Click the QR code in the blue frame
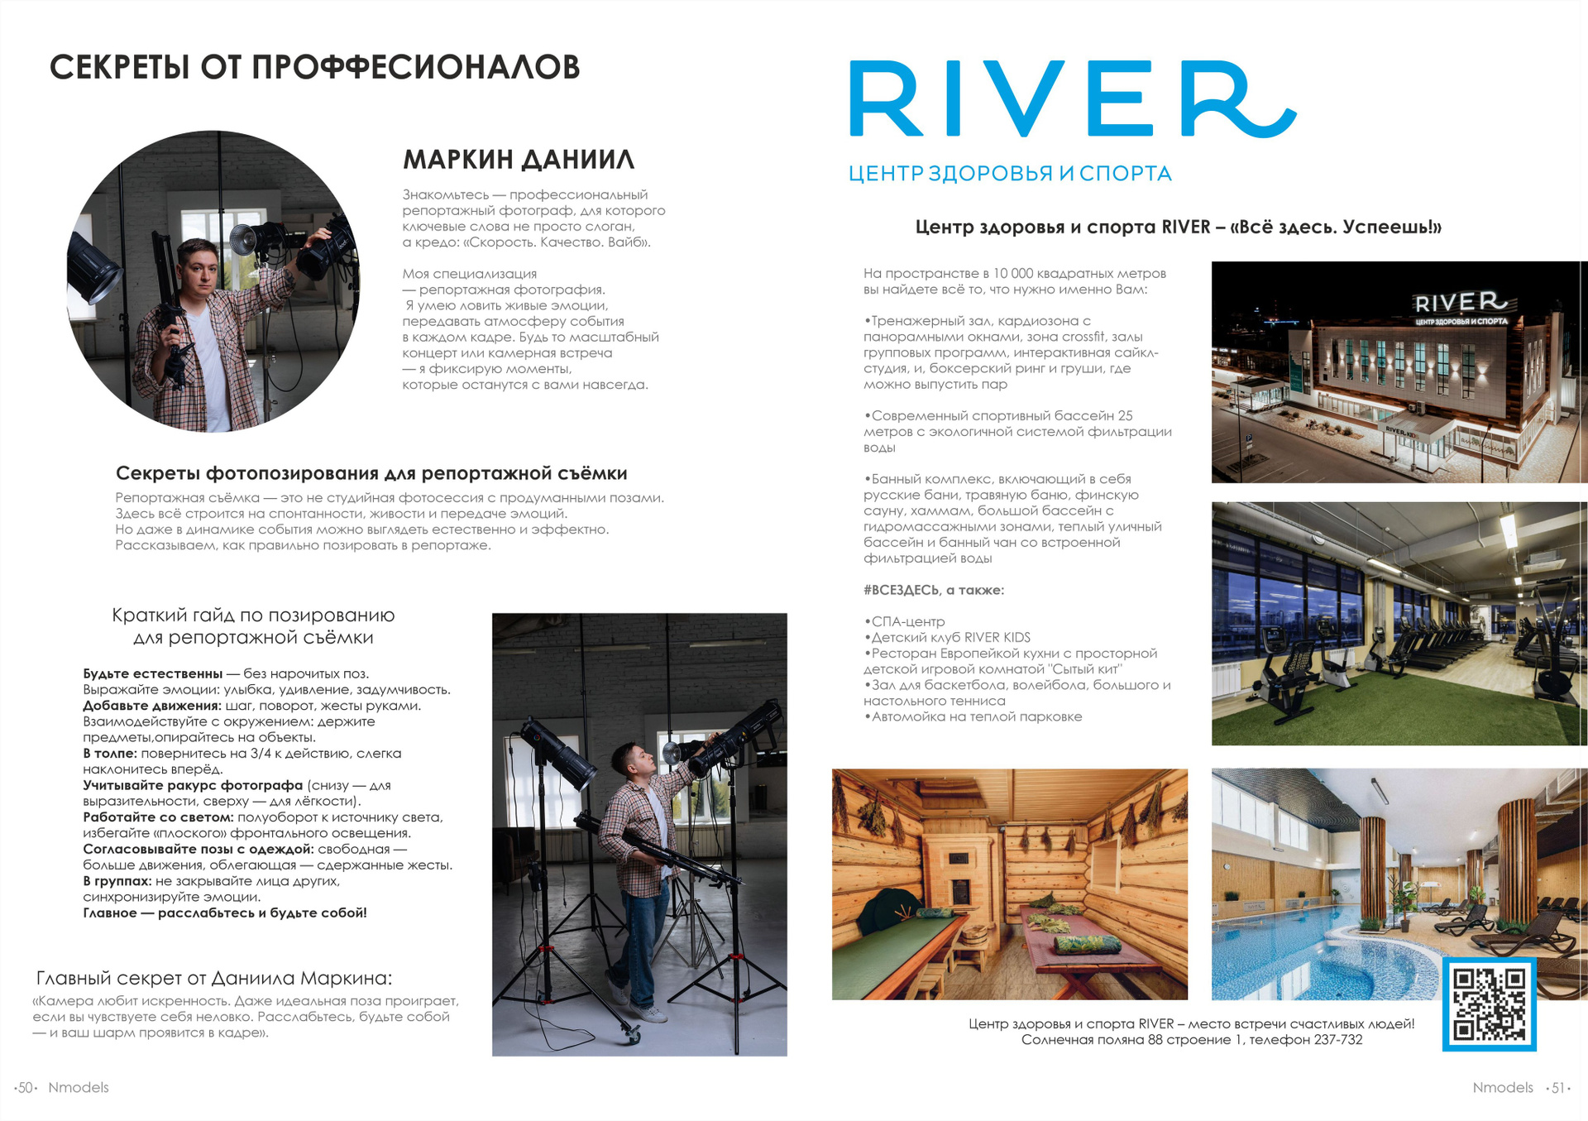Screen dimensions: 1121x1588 [x=1489, y=1004]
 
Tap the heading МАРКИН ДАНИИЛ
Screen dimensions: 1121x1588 [x=519, y=159]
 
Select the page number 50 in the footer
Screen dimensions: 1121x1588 [x=26, y=1088]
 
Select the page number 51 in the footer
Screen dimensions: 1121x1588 [x=1557, y=1088]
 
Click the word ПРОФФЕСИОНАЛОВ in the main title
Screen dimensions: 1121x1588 [x=415, y=68]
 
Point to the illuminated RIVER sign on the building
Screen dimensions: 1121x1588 [x=1460, y=303]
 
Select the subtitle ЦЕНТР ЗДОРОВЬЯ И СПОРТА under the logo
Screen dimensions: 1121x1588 [x=1010, y=174]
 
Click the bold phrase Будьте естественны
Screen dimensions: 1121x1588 [x=153, y=673]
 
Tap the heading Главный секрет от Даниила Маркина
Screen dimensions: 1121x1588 [x=214, y=978]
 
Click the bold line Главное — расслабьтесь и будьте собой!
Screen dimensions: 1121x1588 [x=224, y=913]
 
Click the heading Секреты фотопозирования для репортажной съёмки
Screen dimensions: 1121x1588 [x=371, y=473]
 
